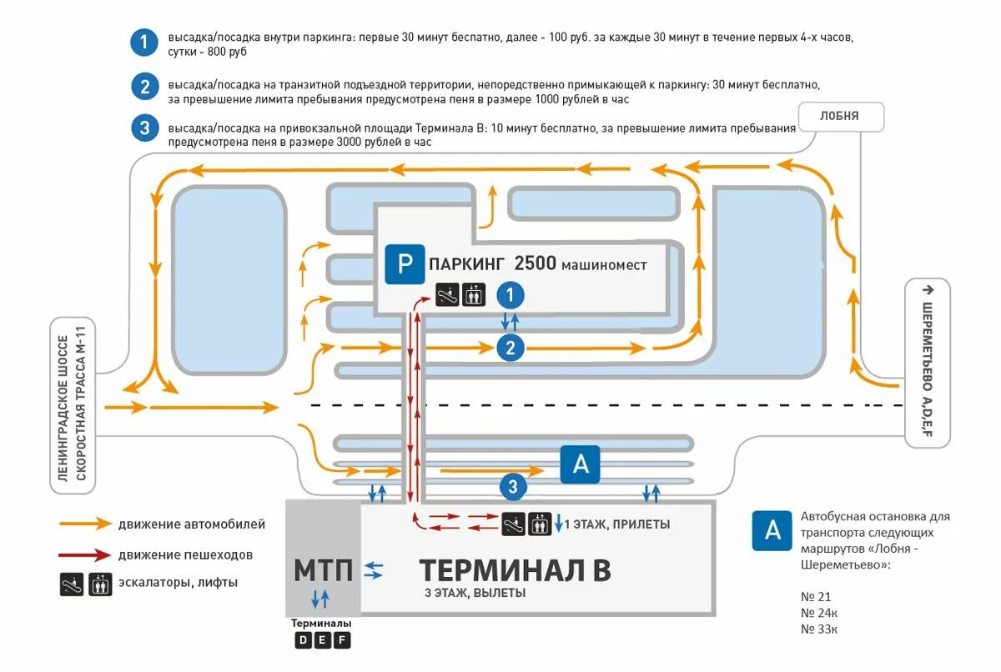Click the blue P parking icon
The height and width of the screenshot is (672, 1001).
click(x=405, y=264)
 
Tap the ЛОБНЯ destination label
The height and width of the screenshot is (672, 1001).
click(x=839, y=116)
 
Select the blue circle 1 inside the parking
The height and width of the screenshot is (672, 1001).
click(x=510, y=294)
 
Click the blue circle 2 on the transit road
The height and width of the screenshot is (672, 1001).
click(x=510, y=348)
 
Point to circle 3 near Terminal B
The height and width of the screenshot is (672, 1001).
click(x=513, y=486)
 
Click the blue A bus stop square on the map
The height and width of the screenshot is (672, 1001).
click(x=581, y=464)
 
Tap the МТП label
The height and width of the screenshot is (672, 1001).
click(x=323, y=570)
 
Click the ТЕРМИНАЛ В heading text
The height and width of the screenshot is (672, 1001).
click(x=515, y=570)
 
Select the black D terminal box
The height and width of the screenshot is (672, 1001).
click(x=303, y=640)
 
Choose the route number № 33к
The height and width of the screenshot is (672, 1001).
click(x=818, y=629)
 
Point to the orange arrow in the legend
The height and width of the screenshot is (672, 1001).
click(x=85, y=524)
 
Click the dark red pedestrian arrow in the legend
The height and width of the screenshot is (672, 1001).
click(x=85, y=554)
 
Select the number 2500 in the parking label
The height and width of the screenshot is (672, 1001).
click(x=535, y=264)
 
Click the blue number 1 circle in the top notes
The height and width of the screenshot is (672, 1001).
click(x=144, y=43)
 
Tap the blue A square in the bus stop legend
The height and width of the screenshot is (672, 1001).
click(x=772, y=530)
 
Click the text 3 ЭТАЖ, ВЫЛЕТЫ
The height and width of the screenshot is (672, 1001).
click(x=475, y=594)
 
